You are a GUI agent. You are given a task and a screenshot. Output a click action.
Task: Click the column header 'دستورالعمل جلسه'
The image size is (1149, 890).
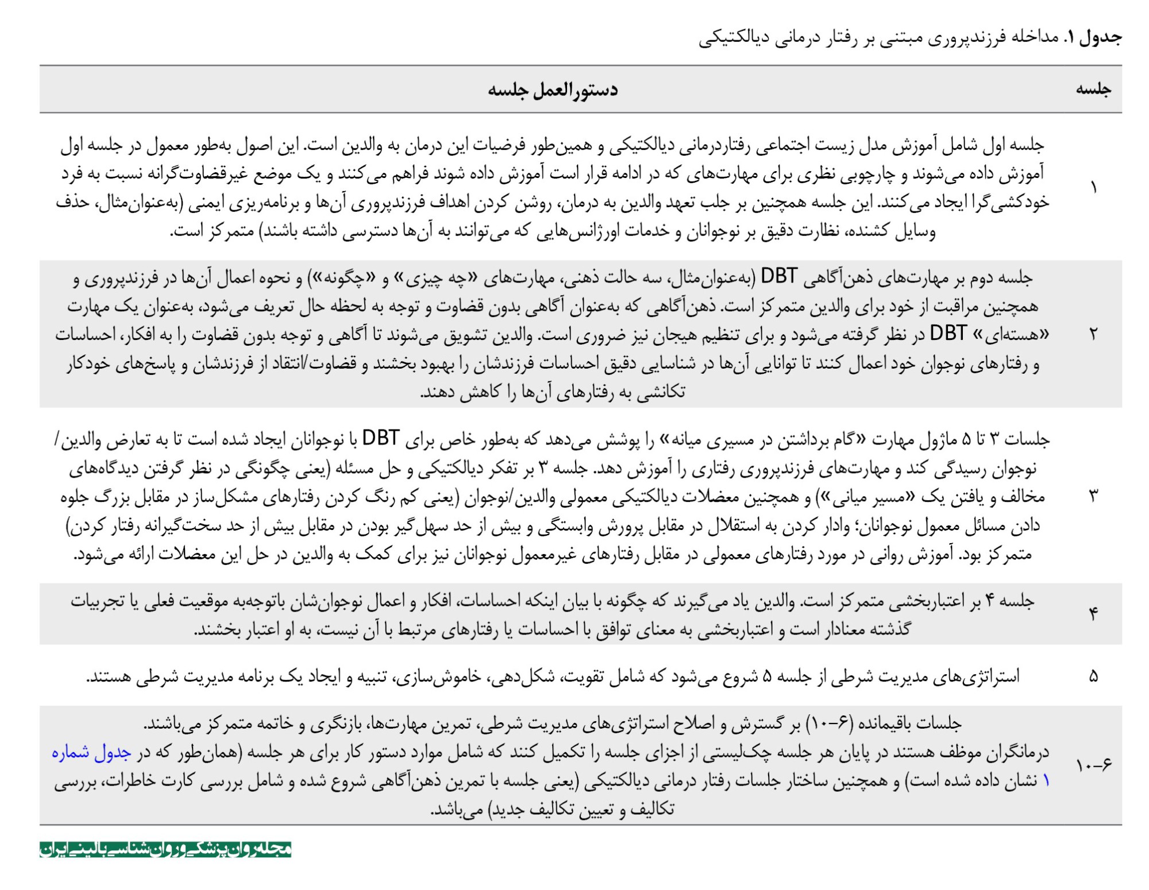pyautogui.click(x=553, y=90)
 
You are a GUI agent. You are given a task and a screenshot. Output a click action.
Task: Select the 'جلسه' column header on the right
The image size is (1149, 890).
pyautogui.click(x=1093, y=89)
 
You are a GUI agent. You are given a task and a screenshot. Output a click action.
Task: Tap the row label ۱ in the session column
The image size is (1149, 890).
pyautogui.click(x=1093, y=188)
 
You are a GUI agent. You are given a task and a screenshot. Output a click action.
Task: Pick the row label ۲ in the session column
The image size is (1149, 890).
pyautogui.click(x=1093, y=334)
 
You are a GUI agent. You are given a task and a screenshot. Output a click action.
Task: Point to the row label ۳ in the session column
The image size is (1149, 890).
pyautogui.click(x=1093, y=496)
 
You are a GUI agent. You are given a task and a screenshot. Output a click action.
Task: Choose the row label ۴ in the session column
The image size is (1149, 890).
pyautogui.click(x=1093, y=614)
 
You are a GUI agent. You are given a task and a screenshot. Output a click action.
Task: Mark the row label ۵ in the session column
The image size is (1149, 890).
pyautogui.click(x=1093, y=676)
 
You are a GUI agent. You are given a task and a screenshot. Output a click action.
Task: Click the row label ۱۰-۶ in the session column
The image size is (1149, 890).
pyautogui.click(x=1093, y=765)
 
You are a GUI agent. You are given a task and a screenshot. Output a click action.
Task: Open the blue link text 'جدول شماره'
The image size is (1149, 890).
pyautogui.click(x=92, y=752)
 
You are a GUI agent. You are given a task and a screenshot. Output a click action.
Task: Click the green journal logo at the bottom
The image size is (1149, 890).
pyautogui.click(x=165, y=849)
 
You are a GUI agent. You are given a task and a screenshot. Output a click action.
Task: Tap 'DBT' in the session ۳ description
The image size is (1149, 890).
pyautogui.click(x=380, y=439)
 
